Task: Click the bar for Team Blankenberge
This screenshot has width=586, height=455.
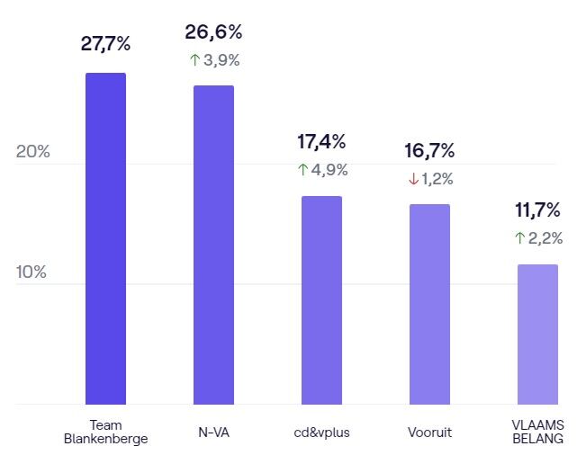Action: point(105,238)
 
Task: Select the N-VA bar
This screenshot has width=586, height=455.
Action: point(213,245)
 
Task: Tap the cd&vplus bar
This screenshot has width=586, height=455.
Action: point(321,299)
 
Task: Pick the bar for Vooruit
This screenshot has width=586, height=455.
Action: point(429,304)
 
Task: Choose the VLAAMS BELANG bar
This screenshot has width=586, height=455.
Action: point(537,334)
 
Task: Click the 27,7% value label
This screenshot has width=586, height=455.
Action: point(105,44)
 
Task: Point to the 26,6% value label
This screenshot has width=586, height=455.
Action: point(213,32)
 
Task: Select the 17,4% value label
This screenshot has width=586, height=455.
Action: point(321,141)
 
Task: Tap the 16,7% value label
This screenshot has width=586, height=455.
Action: point(429,150)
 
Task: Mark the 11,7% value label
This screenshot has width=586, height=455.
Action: point(537,210)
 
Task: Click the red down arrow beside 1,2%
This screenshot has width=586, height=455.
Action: point(413,179)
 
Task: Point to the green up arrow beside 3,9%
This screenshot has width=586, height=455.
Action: point(194,61)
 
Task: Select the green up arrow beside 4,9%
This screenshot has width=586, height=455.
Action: point(302,170)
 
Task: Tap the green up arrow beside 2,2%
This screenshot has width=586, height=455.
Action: point(519,238)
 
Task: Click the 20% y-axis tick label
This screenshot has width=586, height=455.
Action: point(32,151)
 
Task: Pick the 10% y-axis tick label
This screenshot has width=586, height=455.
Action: point(32,272)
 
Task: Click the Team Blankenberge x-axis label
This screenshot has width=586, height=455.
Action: point(105,432)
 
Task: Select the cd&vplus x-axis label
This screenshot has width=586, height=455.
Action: point(321,433)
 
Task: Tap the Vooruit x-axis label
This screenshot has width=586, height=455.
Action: point(429,433)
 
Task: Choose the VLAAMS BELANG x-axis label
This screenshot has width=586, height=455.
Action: point(537,432)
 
